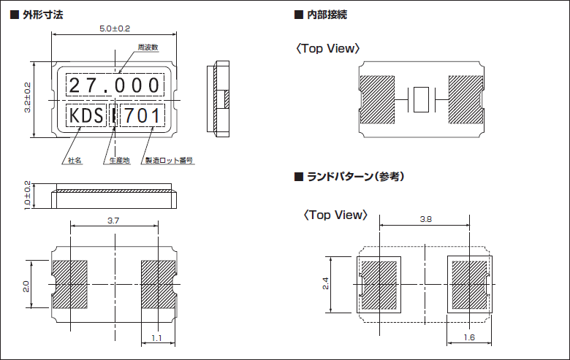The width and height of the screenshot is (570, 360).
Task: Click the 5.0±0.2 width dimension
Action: pyautogui.click(x=114, y=28)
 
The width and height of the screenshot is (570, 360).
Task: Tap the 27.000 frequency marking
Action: pyautogui.click(x=114, y=85)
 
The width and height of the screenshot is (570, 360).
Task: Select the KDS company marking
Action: pyautogui.click(x=86, y=115)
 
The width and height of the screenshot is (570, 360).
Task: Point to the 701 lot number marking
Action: pyautogui.click(x=142, y=115)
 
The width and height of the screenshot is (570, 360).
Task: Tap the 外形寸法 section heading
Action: pyautogui.click(x=43, y=15)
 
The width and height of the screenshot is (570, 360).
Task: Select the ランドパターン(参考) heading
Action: pyautogui.click(x=355, y=177)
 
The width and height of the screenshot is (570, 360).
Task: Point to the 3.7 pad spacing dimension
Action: pyautogui.click(x=113, y=220)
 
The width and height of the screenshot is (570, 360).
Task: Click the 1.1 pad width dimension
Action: pyautogui.click(x=157, y=338)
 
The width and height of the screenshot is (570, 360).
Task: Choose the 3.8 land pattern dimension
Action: pyautogui.click(x=425, y=219)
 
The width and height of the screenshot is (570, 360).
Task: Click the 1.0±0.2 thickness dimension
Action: pyautogui.click(x=27, y=195)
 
